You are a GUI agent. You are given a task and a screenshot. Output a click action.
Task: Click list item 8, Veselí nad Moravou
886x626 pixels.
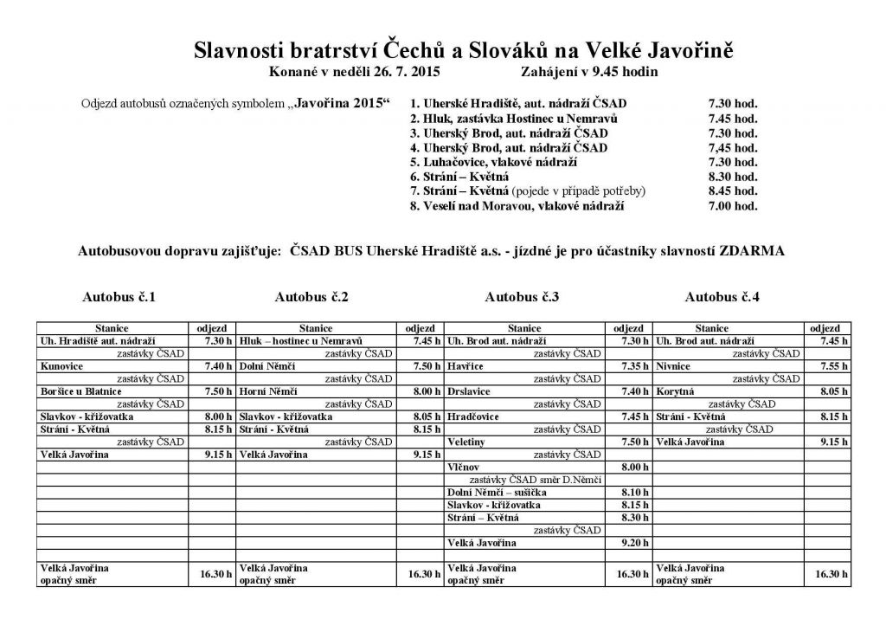tap(517, 206)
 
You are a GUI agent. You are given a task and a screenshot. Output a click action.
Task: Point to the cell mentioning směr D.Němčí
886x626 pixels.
tap(535, 480)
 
